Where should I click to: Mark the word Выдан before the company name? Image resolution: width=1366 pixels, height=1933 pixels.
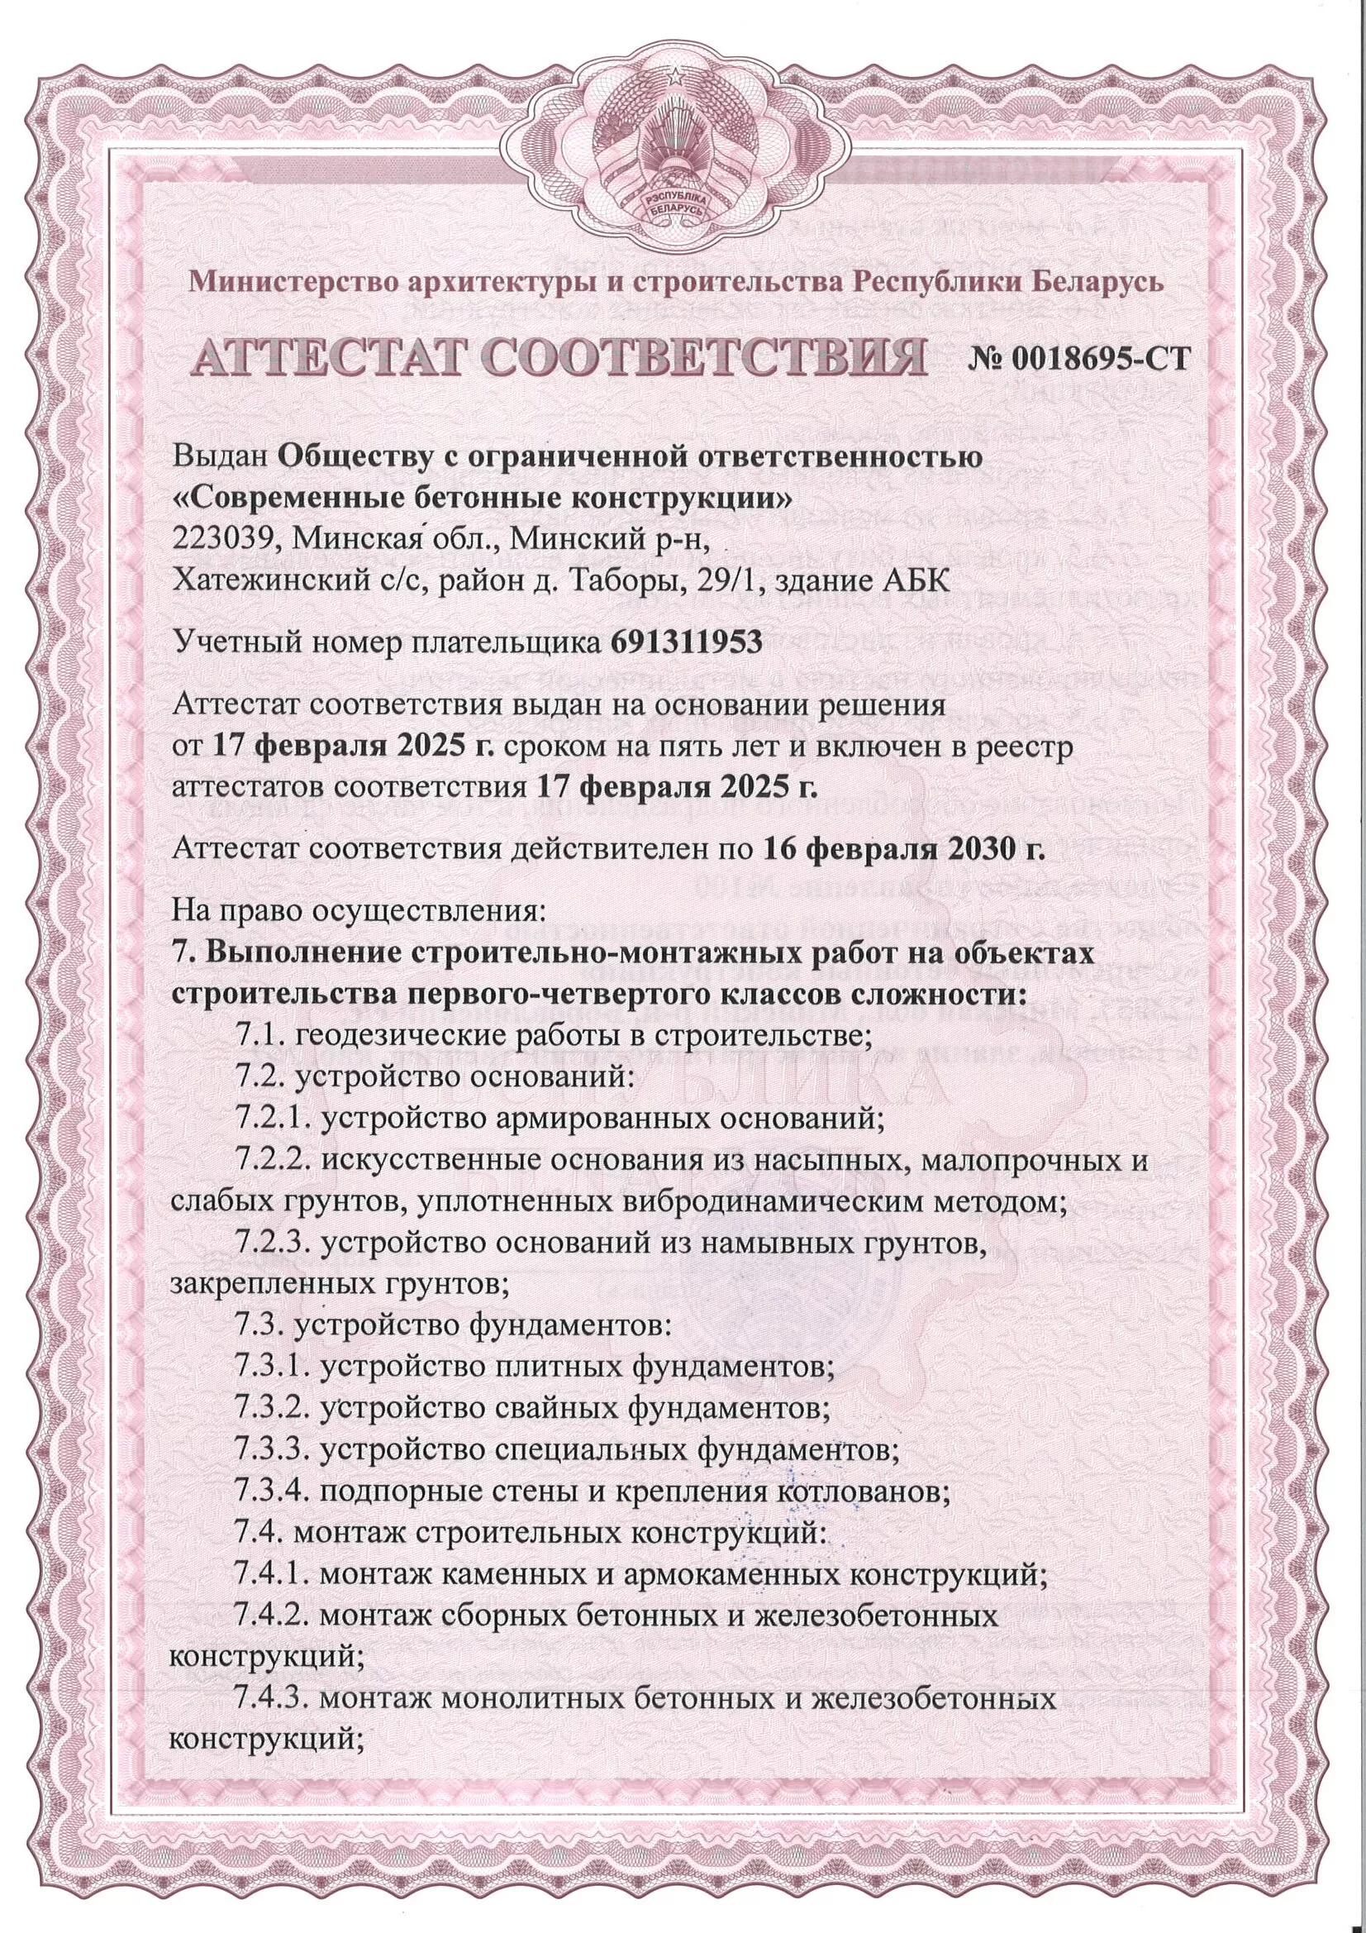pos(221,458)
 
